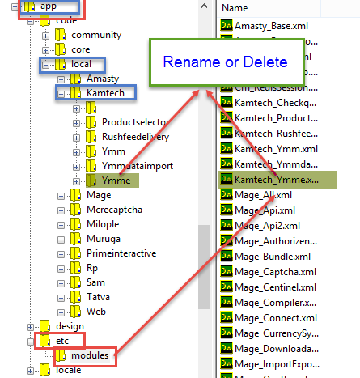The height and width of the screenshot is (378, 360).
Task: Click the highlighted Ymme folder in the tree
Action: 113,181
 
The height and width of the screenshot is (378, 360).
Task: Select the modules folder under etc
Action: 89,355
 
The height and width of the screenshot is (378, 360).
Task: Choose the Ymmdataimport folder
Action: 138,166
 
